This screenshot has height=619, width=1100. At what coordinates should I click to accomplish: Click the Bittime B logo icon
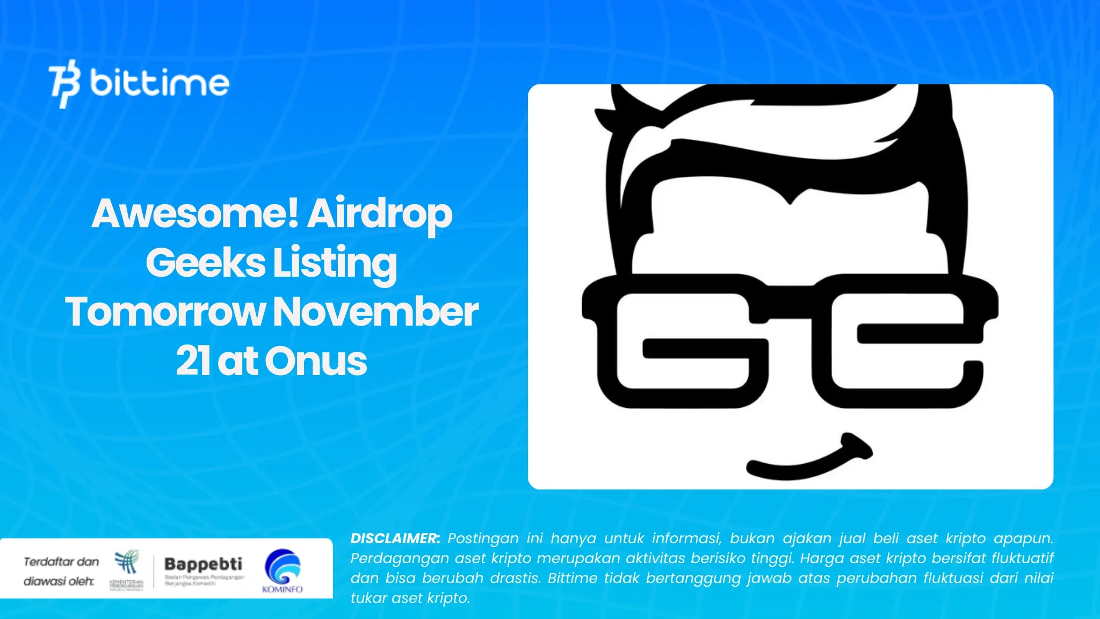pyautogui.click(x=65, y=83)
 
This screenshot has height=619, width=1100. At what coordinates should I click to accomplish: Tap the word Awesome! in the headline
pyautogui.click(x=194, y=214)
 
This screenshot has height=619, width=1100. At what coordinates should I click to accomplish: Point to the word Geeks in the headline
pyautogui.click(x=205, y=263)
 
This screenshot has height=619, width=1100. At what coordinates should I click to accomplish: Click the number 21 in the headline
pyautogui.click(x=193, y=361)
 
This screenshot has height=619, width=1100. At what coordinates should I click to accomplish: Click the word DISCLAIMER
pyautogui.click(x=395, y=538)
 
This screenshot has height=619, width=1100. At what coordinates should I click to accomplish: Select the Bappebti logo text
pyautogui.click(x=203, y=564)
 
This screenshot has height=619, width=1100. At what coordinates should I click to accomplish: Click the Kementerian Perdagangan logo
pyautogui.click(x=127, y=570)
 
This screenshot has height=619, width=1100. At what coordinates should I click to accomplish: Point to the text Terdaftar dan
pyautogui.click(x=61, y=562)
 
